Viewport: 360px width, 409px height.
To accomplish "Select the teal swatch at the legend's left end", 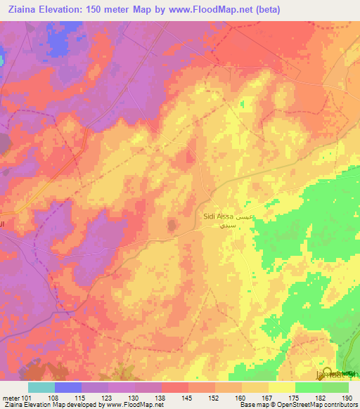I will (41, 387).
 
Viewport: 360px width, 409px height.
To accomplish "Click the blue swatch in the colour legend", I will (68, 387).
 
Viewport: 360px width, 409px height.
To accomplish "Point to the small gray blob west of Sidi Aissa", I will (172, 225).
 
